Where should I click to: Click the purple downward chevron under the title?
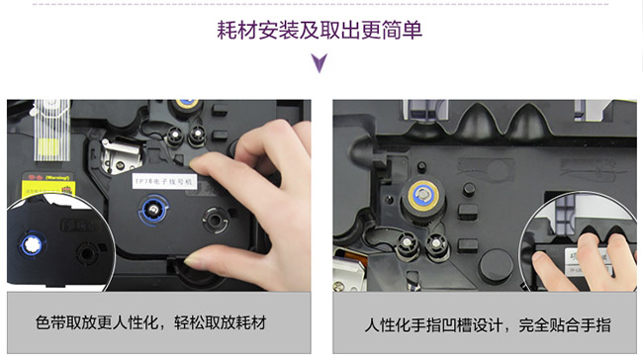point(321,65)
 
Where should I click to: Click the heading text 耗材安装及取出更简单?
point(321,30)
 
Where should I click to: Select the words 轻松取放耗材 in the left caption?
point(229,323)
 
